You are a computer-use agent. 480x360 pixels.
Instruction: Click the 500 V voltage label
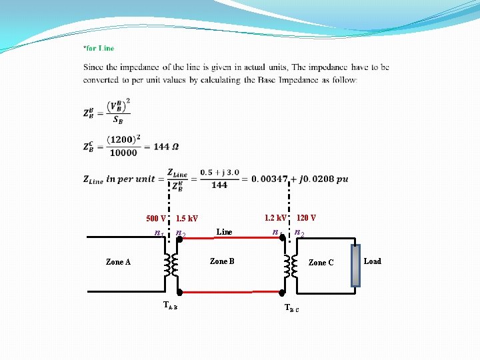point(156,219)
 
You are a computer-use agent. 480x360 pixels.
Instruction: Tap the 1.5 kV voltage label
point(187,219)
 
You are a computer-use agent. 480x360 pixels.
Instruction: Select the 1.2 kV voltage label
point(275,218)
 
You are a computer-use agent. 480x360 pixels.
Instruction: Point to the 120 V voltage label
point(306,218)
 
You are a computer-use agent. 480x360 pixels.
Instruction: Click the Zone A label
point(118,262)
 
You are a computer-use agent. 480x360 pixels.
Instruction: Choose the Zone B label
point(222,261)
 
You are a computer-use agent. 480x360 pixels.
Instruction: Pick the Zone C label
point(321,263)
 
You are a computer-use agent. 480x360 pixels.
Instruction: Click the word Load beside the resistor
point(373,261)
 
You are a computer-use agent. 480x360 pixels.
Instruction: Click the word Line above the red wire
point(225,232)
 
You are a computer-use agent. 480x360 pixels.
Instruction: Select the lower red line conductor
point(230,292)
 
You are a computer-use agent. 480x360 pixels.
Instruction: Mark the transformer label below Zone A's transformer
point(170,305)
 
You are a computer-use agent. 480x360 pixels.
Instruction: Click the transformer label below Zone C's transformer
point(292,308)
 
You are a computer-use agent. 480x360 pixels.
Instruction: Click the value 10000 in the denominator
point(123,153)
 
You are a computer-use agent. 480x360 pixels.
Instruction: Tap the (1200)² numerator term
point(125,140)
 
